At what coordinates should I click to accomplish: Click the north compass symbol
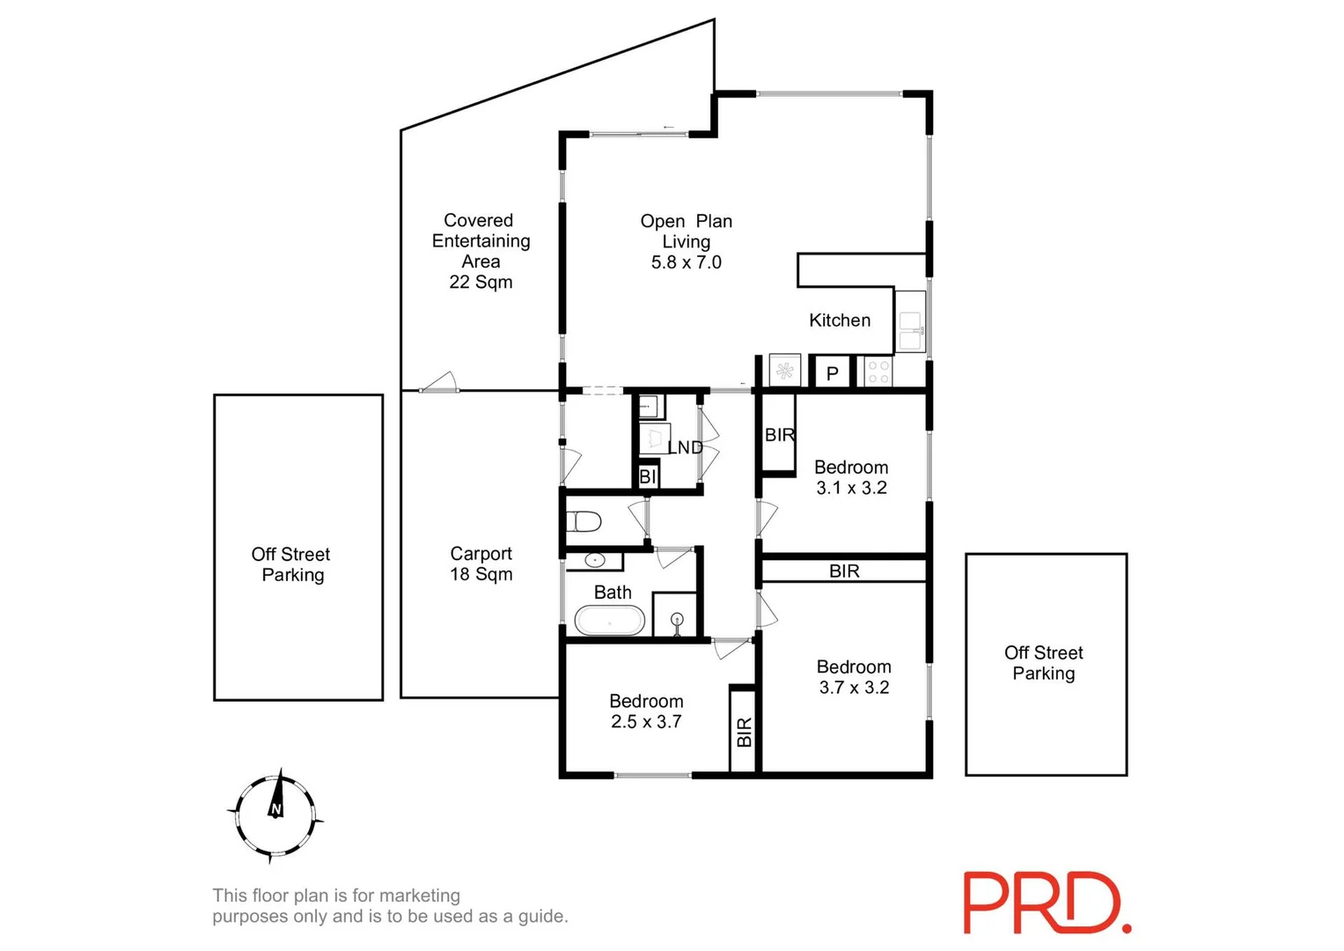pyautogui.click(x=275, y=815)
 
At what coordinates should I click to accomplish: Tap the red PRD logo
pyautogui.click(x=1046, y=903)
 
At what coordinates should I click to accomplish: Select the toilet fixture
pyautogui.click(x=583, y=522)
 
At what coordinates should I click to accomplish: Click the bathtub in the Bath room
pyautogui.click(x=609, y=621)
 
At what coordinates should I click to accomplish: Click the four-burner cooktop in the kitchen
pyautogui.click(x=878, y=372)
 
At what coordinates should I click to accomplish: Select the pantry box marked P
pyautogui.click(x=832, y=373)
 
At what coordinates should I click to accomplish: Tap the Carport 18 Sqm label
pyautogui.click(x=481, y=564)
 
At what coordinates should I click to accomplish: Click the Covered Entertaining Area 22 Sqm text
pyautogui.click(x=481, y=251)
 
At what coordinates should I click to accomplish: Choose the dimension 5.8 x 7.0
pyautogui.click(x=686, y=262)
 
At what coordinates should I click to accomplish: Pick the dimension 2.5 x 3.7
pyautogui.click(x=646, y=722)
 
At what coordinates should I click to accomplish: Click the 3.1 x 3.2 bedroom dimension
pyautogui.click(x=851, y=488)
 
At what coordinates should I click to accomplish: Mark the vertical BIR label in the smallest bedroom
pyautogui.click(x=744, y=732)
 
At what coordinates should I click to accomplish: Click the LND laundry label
pyautogui.click(x=685, y=447)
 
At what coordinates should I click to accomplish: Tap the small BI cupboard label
pyautogui.click(x=648, y=476)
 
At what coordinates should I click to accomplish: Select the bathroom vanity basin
pyautogui.click(x=595, y=560)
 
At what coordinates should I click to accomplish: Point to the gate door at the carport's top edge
pyautogui.click(x=438, y=384)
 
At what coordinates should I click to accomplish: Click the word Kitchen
pyautogui.click(x=840, y=321)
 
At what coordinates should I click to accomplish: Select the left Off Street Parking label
pyautogui.click(x=291, y=564)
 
